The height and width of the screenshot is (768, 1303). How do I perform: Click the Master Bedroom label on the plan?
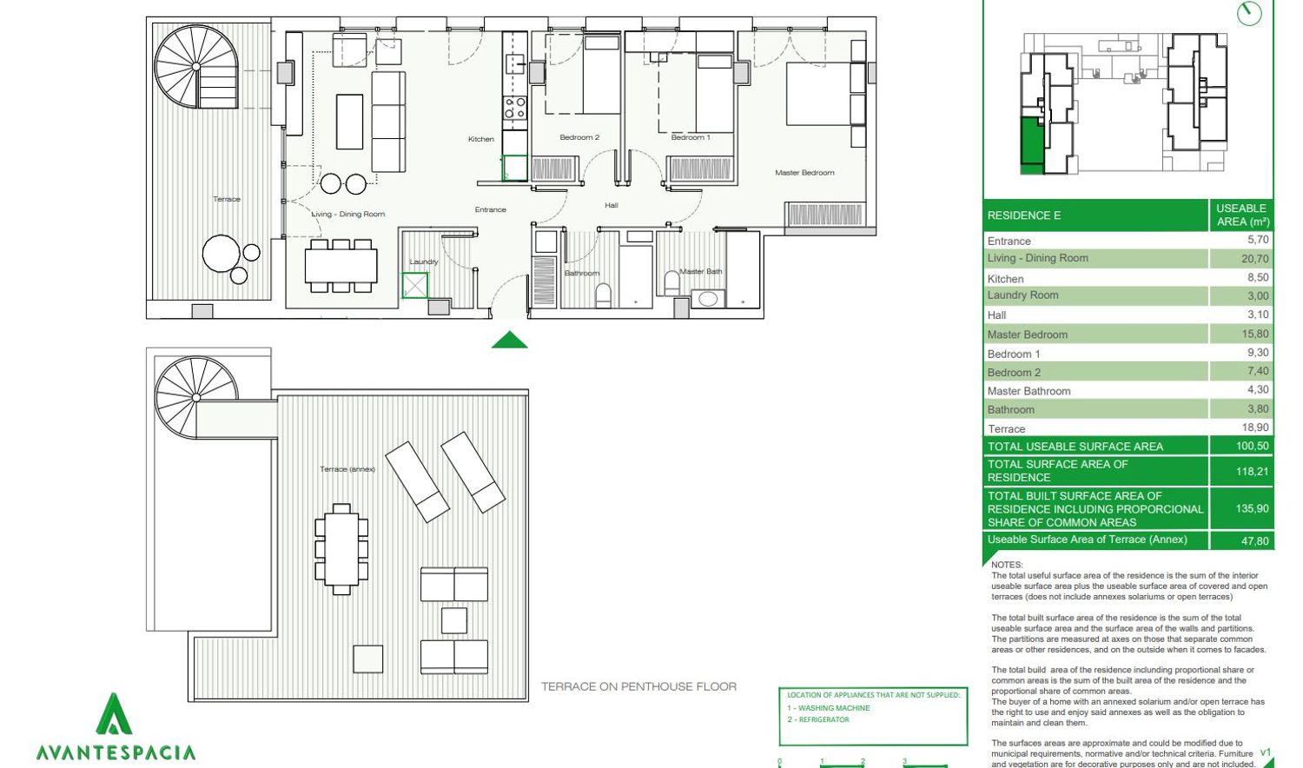point(804,173)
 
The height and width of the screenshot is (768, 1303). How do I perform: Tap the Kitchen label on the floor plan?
point(481,139)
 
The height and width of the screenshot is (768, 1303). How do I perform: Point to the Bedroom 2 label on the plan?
point(579,137)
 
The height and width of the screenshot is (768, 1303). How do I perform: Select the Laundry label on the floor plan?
point(424,262)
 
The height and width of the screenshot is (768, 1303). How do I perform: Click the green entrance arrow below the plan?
point(510,340)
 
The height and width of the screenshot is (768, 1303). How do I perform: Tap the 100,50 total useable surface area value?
point(1253,447)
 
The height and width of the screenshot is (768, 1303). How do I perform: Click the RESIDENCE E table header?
point(1024,215)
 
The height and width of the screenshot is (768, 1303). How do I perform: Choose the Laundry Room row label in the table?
point(1022,295)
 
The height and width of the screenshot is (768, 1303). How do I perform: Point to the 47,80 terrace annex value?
point(1254,541)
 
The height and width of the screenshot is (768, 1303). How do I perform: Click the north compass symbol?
point(1249,13)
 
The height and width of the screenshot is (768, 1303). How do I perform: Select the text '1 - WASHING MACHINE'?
point(829,708)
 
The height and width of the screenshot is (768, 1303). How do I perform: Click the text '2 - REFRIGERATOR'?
point(818,719)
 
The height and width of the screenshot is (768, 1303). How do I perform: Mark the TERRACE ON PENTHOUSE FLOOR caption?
point(638,686)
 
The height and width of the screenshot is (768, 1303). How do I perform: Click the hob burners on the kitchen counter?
point(515,108)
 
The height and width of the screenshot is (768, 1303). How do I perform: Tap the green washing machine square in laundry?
point(414,286)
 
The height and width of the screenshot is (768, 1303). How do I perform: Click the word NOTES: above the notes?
point(1007,565)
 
